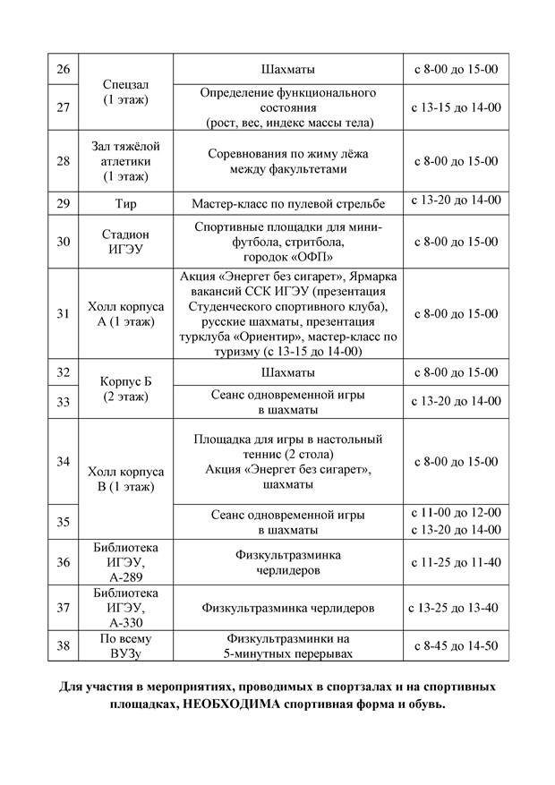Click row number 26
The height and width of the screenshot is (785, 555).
(63, 69)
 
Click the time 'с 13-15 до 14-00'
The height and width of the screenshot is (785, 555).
(455, 107)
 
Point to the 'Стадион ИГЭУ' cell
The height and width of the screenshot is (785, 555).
(125, 242)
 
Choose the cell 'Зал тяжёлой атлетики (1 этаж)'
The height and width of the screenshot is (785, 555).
(125, 161)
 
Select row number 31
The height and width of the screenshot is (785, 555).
(63, 313)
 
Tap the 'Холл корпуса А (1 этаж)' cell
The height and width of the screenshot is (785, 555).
(125, 313)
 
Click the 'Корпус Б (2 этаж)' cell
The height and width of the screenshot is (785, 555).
(125, 387)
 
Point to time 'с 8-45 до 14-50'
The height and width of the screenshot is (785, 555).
(455, 645)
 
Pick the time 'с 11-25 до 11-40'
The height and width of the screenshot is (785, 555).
(455, 562)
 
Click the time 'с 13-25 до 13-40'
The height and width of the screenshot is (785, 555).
(455, 608)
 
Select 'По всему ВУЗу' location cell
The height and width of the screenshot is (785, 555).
(125, 645)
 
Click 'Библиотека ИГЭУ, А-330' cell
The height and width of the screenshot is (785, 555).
(125, 608)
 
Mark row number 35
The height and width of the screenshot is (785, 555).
(63, 521)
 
